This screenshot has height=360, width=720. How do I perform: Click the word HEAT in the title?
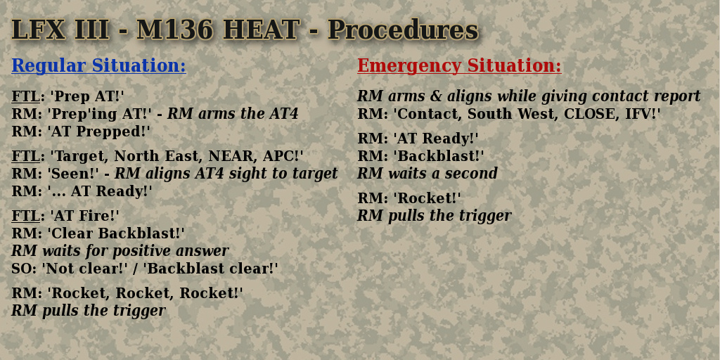[262, 30]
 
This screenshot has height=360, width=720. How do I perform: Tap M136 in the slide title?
[175, 30]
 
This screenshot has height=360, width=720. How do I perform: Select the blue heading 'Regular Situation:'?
[98, 65]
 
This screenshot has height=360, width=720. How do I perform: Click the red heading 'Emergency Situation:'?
[459, 65]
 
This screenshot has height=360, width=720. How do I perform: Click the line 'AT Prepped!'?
[99, 131]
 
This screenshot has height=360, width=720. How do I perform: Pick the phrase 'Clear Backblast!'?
[116, 233]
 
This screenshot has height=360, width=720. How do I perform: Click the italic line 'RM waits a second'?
[427, 174]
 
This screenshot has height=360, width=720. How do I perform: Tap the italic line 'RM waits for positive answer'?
[120, 251]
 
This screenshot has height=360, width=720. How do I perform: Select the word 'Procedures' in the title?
[403, 30]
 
